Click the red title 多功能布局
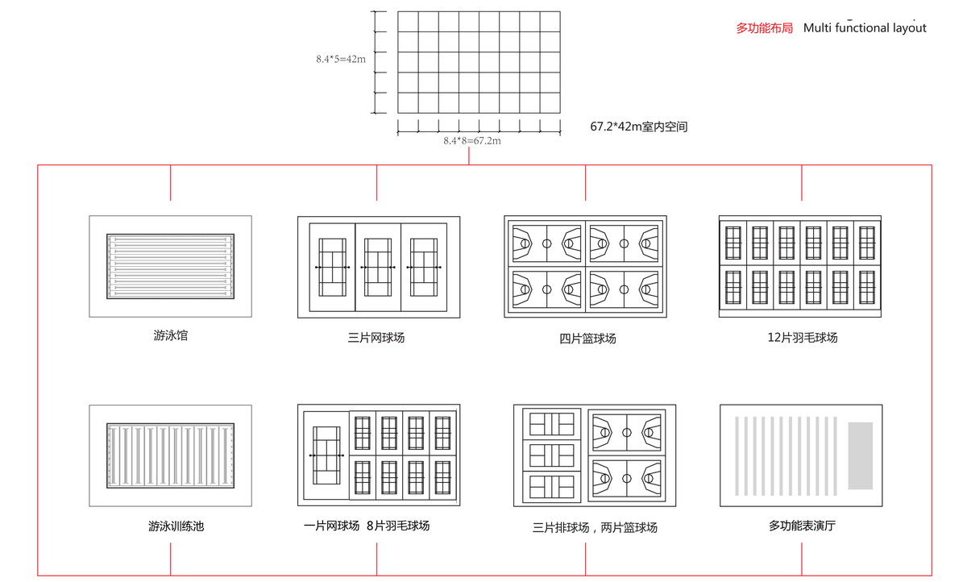coord(764,28)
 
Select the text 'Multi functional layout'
coord(865,28)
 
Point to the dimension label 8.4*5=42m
coord(341,59)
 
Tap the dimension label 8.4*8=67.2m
coord(472,141)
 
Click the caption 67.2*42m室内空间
coord(638,127)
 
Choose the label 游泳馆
coord(170,335)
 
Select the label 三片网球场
coord(378,338)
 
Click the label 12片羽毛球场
coord(802,338)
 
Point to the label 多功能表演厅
coord(802,526)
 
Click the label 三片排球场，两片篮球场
coord(595,528)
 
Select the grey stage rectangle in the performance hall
coord(861,455)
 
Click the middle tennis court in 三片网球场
coord(378,267)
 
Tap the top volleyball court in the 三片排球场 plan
coord(551,423)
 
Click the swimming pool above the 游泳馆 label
coord(170,266)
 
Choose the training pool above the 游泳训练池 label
coord(170,455)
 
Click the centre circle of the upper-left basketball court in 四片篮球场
coord(546,243)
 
